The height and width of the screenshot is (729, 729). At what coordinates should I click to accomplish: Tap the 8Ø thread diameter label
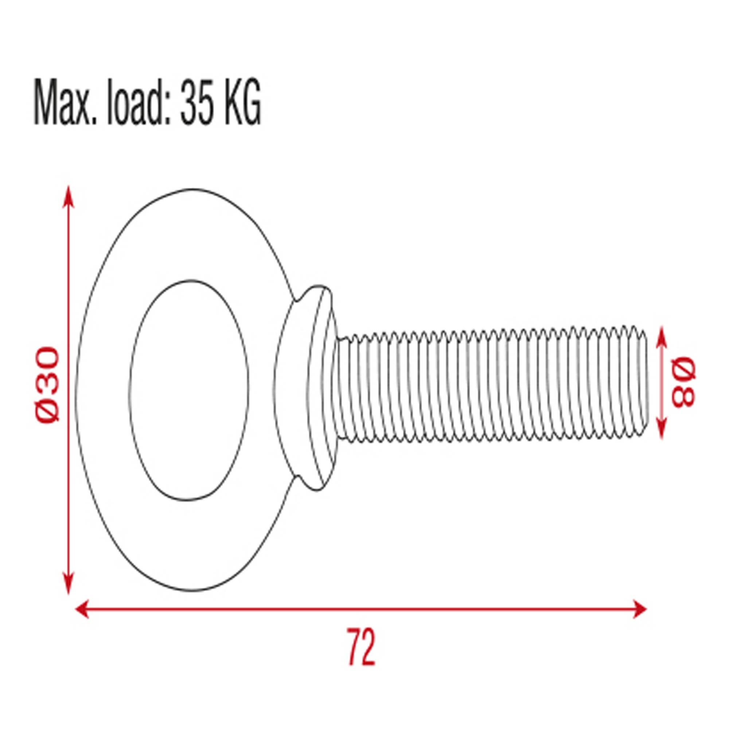pos(683,382)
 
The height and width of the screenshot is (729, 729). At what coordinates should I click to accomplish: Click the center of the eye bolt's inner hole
pos(189,390)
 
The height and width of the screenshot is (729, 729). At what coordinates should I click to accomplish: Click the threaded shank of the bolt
pos(491,385)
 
